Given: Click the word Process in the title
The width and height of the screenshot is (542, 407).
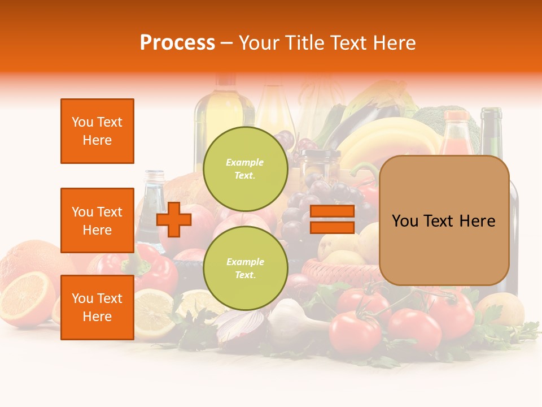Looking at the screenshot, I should click(177, 43).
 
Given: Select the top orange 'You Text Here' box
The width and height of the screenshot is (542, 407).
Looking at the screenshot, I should click(97, 131).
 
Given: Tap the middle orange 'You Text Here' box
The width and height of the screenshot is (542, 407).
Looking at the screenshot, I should click(97, 220).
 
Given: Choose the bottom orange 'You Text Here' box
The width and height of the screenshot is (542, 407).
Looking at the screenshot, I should click(97, 308).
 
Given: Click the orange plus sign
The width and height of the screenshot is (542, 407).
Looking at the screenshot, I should click(174, 219).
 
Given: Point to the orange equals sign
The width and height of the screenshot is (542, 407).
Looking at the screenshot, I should click(332, 219).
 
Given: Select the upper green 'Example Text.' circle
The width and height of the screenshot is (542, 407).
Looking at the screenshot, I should click(245, 168).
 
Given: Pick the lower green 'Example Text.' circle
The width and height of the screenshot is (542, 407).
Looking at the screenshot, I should click(245, 268).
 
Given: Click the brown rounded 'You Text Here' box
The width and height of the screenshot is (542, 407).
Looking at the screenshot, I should click(444, 220).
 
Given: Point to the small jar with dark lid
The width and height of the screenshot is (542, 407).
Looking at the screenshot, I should click(321, 164).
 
